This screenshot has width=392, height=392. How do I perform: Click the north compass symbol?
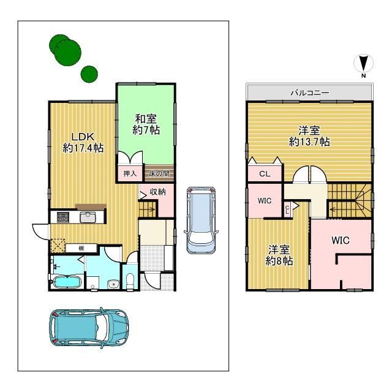pyautogui.click(x=363, y=64)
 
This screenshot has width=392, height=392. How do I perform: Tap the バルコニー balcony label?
pyautogui.click(x=310, y=93)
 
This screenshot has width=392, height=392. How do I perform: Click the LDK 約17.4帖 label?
pyautogui.click(x=83, y=143)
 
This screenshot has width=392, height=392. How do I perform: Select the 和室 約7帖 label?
pyautogui.click(x=146, y=124)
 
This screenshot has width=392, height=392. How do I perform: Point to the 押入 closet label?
pyautogui.click(x=130, y=173)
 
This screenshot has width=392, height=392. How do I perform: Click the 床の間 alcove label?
pyautogui.click(x=159, y=173)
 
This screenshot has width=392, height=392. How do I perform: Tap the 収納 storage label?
pyautogui.click(x=157, y=192)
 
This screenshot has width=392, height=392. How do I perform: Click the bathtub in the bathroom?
pyautogui.click(x=67, y=282)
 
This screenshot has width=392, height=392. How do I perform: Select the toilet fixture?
pyautogui.click(x=130, y=281)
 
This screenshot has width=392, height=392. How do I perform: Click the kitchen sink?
pyautogui.click(x=88, y=217)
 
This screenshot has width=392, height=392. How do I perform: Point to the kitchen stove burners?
pyautogui.click(x=62, y=217)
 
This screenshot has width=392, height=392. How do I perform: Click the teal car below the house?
pyautogui.click(x=89, y=328)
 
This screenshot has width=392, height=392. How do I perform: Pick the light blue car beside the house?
pyautogui.click(x=201, y=221)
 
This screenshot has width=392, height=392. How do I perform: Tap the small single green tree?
pyautogui.click(x=89, y=74)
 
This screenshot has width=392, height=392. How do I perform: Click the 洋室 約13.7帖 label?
pyautogui.click(x=309, y=136)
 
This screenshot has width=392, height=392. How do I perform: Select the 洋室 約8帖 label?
pyautogui.click(x=279, y=255)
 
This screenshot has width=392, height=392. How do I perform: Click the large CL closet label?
pyautogui.click(x=265, y=173)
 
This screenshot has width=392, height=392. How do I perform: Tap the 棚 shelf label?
pyautogui.click(x=81, y=248)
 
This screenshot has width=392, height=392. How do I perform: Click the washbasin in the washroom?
pyautogui.click(x=113, y=284)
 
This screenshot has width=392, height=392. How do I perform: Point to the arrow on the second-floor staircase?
pyautogui.click(x=336, y=210)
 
